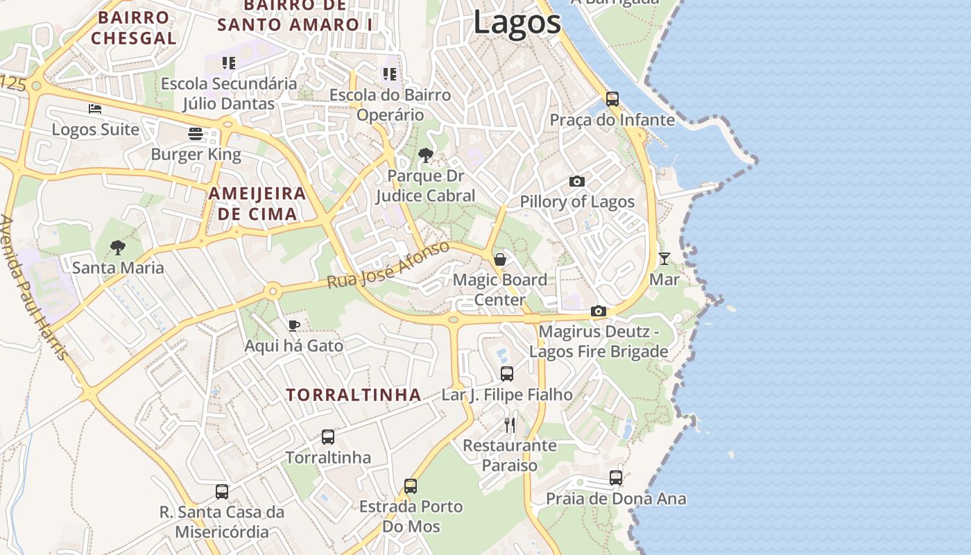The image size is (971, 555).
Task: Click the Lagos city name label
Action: [x=517, y=22]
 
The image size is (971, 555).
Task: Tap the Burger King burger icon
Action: [x=196, y=134]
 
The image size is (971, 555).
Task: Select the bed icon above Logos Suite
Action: [x=95, y=109]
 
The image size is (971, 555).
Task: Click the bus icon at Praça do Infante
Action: [x=612, y=99]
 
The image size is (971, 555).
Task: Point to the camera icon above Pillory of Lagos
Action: [x=576, y=182]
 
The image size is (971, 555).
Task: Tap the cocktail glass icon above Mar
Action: [x=664, y=259]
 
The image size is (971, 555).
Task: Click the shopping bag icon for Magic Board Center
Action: [x=499, y=259]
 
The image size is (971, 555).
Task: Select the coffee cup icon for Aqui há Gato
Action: [x=294, y=325]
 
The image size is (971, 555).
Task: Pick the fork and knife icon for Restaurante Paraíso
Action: [x=510, y=425]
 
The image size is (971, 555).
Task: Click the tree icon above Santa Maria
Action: [x=118, y=247]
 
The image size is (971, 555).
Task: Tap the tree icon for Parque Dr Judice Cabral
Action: [x=426, y=155]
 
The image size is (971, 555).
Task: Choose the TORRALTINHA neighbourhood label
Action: [x=354, y=395]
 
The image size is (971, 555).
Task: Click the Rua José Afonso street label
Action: [x=388, y=265]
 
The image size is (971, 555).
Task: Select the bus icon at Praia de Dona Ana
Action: [x=615, y=478]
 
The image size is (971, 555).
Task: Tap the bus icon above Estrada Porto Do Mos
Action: [x=411, y=486]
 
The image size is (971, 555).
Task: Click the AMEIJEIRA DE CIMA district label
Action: [x=257, y=203]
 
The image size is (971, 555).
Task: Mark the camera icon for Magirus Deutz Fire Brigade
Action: [x=599, y=311]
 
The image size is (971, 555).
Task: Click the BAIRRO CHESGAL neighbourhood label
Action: [x=134, y=28]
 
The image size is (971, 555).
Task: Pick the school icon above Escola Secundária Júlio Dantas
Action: [x=229, y=63]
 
